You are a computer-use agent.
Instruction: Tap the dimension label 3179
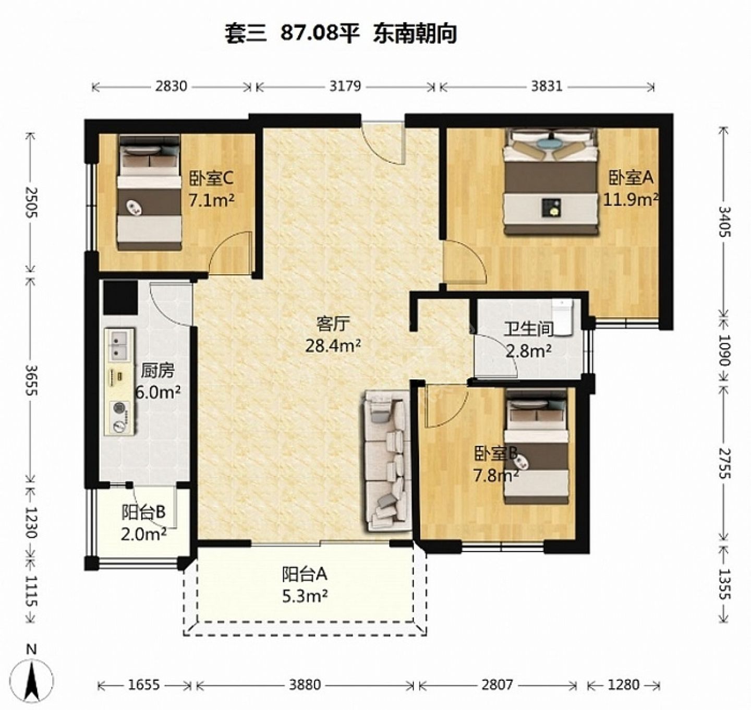coord(345,87)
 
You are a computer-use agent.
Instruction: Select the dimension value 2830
coord(171,87)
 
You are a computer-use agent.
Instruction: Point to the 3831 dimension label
coord(547,87)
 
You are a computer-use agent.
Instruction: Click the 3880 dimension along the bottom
coord(305,684)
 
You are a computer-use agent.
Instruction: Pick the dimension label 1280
coord(623,684)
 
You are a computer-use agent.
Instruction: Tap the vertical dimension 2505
coord(31,202)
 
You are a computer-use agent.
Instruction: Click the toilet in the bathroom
coord(562,317)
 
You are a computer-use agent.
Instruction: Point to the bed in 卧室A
coord(550,181)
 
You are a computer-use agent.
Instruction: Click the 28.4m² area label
coord(333,346)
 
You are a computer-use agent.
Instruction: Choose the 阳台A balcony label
coord(305,574)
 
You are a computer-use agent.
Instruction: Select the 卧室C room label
coord(211,178)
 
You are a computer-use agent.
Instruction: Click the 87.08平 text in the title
coord(320,33)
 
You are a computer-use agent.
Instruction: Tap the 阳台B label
coord(143,512)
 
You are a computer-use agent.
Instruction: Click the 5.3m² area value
coord(305,596)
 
